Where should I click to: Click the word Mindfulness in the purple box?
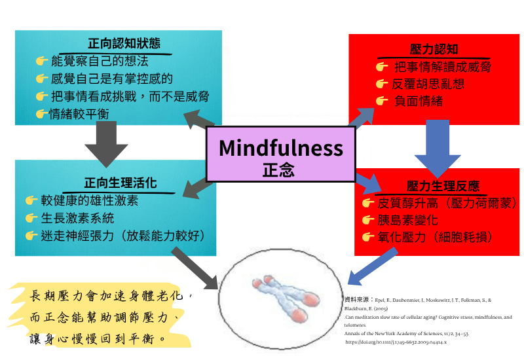[x=280, y=148]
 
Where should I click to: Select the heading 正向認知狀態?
[x=124, y=44]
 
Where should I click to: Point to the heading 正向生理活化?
[x=120, y=183]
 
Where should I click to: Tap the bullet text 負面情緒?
[x=418, y=100]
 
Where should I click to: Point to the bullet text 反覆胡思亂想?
[x=428, y=83]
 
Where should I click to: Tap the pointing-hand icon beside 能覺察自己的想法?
[x=42, y=62]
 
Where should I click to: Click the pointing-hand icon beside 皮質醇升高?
[x=367, y=204]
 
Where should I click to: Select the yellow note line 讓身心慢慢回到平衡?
[x=98, y=340]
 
